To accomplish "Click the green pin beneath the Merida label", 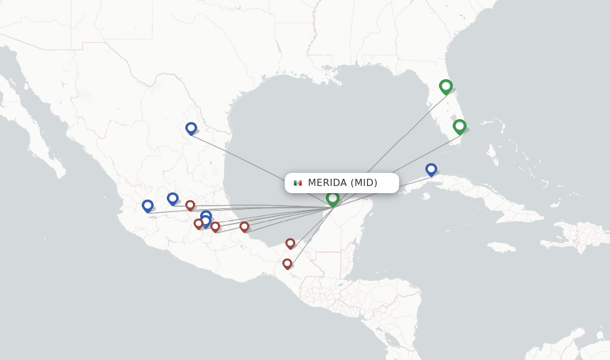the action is pos(332,198).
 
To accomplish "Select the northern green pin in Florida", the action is pos(446,86).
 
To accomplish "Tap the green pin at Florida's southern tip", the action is pos(459,126).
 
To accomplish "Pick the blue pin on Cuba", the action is pos(431,169).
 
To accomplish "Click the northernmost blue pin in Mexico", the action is pos(191,128).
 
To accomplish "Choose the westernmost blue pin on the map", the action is pos(148,206).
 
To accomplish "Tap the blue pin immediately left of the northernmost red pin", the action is pos(173,198).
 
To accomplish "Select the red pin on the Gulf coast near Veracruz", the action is pos(244,226).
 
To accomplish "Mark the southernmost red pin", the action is pos(287,263).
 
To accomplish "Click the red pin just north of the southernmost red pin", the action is pos(290,243).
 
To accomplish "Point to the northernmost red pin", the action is pos(190,205).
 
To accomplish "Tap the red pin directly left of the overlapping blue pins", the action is pos(198,224).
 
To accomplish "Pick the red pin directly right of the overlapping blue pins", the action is pos(215,226).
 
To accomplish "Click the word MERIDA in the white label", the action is pos(327,183).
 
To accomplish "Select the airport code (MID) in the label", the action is pos(363,183).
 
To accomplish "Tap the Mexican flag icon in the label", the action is pos(298,183).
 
